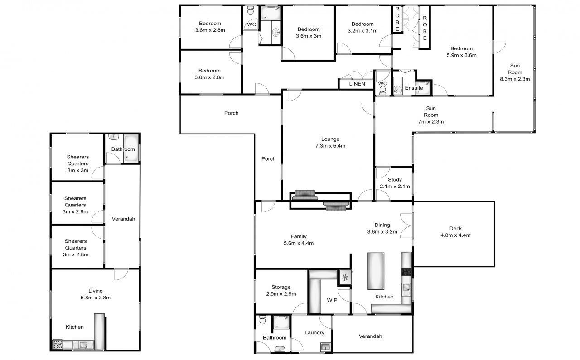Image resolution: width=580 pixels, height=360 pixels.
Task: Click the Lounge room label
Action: tap(330, 139)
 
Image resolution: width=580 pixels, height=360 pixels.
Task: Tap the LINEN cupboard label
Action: tap(357, 84)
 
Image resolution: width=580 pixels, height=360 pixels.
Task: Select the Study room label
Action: tap(395, 180)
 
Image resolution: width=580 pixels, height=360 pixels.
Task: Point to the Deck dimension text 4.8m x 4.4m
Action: tap(455, 235)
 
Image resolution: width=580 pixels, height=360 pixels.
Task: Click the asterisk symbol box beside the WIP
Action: tap(345, 278)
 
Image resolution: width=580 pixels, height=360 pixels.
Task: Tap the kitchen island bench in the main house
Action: tap(376, 271)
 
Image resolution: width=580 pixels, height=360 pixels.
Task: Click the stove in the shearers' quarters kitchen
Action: tap(58, 344)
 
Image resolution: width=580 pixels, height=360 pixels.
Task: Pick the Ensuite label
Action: tap(414, 88)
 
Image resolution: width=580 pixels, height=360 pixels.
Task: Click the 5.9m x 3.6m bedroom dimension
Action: tap(461, 55)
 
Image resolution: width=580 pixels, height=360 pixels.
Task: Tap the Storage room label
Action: tap(281, 287)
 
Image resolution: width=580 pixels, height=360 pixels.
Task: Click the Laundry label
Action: tap(314, 332)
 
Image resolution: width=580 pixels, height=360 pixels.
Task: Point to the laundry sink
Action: tap(325, 347)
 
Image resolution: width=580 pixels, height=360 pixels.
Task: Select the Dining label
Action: tap(382, 225)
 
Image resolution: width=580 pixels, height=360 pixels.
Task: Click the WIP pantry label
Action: tap(332, 300)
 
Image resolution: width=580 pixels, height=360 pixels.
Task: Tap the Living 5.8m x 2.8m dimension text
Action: tap(96, 298)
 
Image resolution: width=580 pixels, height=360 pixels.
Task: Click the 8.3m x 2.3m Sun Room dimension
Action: tap(515, 79)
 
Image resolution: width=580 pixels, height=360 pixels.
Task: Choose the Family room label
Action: tap(299, 236)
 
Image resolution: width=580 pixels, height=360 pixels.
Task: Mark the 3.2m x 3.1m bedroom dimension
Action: tap(362, 30)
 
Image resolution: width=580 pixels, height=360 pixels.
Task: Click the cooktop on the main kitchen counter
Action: tap(406, 272)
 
